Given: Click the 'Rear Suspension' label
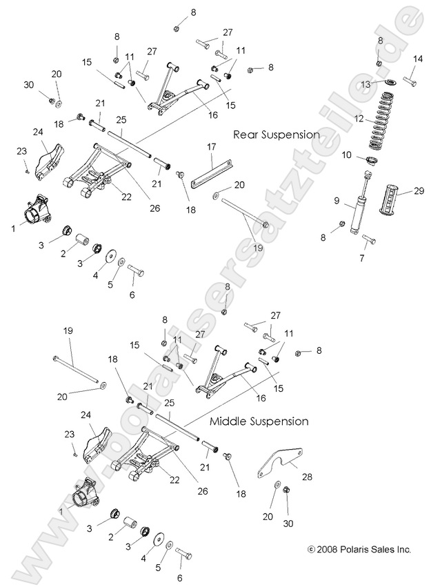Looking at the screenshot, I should [276, 135].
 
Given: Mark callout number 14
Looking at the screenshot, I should [416, 59].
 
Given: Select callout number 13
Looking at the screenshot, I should [367, 83].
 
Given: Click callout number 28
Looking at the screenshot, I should [306, 477].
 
